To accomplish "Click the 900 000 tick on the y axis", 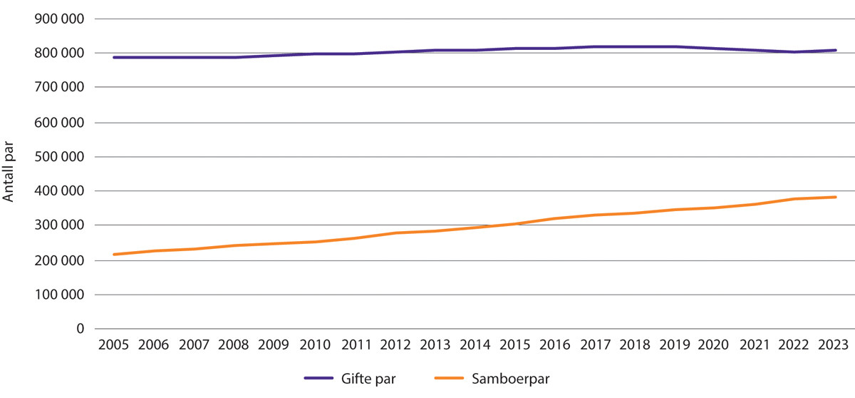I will click(60, 19).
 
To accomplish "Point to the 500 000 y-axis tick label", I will click(60, 157).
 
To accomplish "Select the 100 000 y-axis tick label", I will click(60, 295).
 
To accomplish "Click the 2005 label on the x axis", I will click(113, 345).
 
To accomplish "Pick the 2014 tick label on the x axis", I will click(475, 345).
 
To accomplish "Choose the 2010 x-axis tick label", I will click(314, 345).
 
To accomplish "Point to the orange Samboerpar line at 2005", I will click(113, 255).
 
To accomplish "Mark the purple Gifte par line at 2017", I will click(596, 47).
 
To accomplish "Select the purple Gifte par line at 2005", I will click(113, 57).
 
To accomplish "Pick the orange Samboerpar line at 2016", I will click(555, 218).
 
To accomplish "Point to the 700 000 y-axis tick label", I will click(60, 88).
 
